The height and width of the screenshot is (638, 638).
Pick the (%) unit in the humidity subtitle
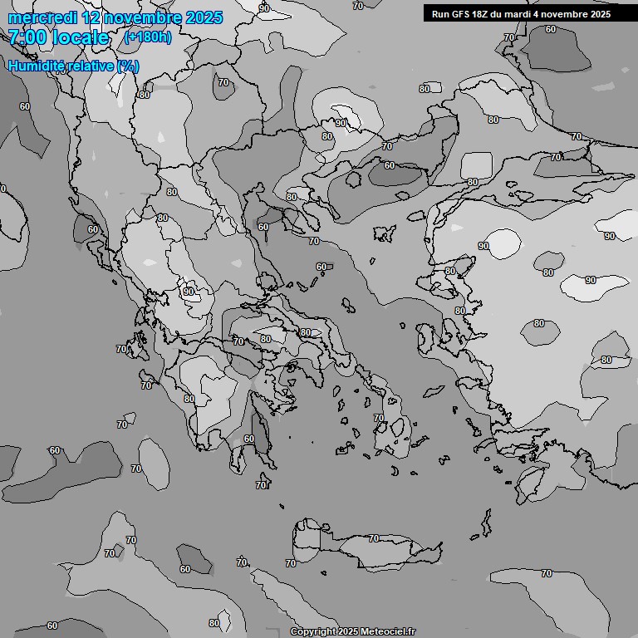[128, 66]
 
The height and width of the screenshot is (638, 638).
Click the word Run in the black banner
[440, 13]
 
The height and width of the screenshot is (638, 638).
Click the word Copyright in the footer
[314, 631]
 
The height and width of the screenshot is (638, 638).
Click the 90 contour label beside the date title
[264, 8]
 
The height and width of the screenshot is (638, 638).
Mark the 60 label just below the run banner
[550, 29]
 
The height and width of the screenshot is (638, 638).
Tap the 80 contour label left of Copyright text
[214, 623]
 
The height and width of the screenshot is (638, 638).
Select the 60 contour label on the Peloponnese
[248, 439]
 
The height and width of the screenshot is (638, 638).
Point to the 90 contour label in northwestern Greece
[189, 292]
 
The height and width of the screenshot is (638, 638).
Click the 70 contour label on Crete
[291, 563]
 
